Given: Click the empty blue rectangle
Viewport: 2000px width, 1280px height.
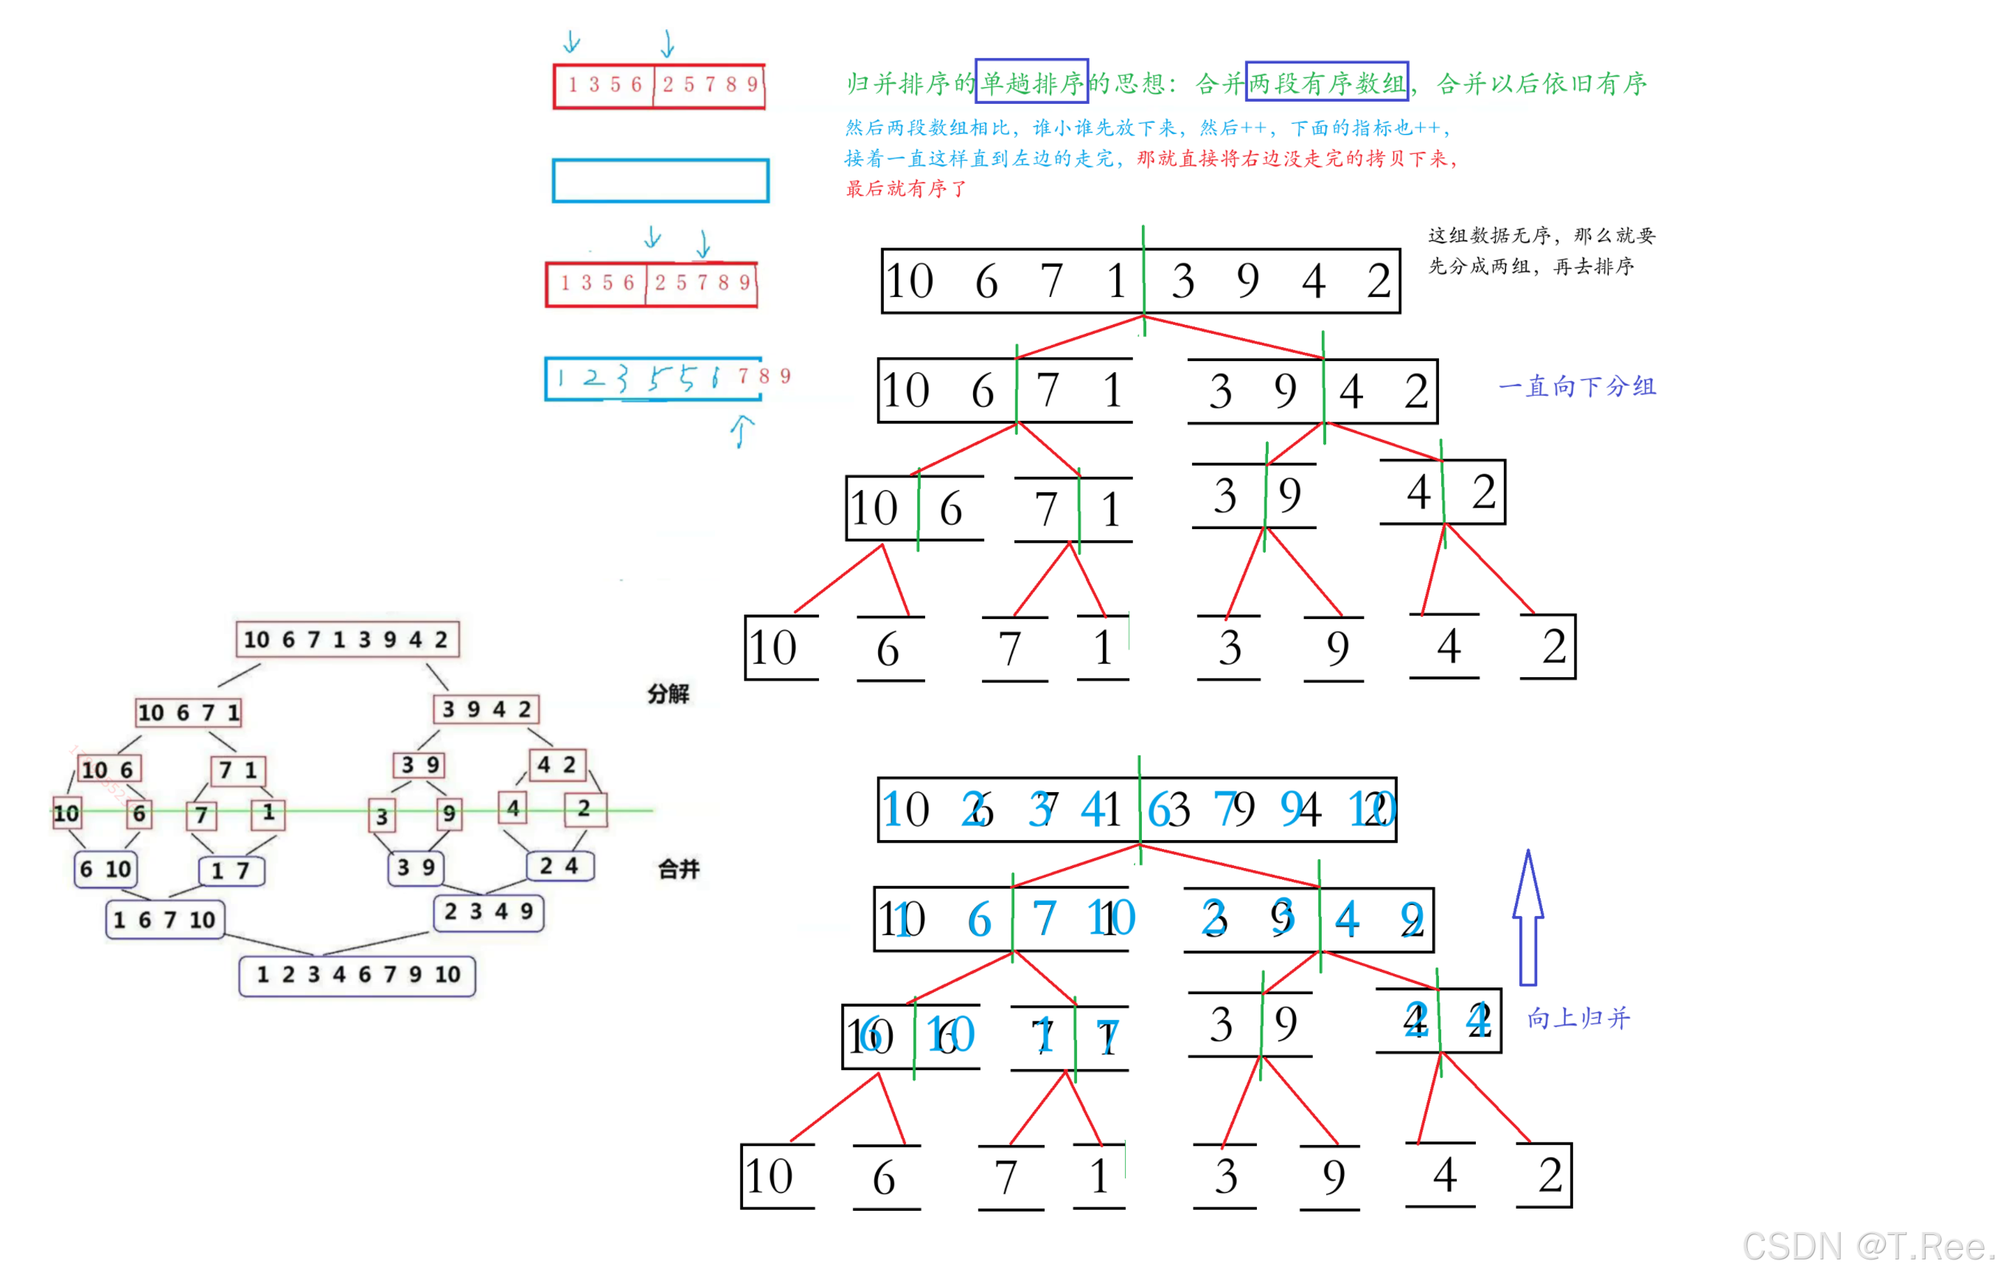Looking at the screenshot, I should click(660, 181).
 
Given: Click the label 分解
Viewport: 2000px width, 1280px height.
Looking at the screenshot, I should click(669, 693).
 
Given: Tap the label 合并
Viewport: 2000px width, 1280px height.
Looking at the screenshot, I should click(678, 869).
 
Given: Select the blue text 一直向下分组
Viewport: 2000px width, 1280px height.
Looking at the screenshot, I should click(1576, 386).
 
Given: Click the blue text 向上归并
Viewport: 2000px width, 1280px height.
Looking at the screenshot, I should click(1578, 1018).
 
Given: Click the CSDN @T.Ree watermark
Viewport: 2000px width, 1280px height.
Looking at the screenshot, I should click(1866, 1246).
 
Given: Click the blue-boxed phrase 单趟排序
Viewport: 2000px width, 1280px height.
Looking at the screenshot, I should click(1031, 82).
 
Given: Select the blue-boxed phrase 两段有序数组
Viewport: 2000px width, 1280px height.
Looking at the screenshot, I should click(1326, 82).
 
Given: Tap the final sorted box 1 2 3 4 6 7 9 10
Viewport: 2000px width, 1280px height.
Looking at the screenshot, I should click(357, 975).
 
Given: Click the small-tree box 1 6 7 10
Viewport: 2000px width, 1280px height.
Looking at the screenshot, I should click(164, 919).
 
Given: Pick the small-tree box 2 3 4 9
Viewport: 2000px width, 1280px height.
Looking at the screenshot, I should click(488, 912).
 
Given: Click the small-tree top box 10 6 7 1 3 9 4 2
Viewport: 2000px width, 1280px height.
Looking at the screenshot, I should click(346, 639).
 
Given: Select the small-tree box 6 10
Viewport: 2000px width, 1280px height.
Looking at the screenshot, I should click(105, 869).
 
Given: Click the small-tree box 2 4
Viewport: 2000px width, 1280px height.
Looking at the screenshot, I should click(560, 866).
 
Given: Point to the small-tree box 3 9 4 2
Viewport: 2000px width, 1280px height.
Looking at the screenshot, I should click(487, 709).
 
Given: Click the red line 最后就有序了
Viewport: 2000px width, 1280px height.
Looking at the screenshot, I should click(905, 189).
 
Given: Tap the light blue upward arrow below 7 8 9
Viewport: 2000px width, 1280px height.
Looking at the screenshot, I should click(742, 431).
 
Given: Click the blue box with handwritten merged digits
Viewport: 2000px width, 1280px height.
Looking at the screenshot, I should click(652, 379).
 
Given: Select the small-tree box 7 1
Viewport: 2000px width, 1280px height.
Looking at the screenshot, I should click(239, 769).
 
